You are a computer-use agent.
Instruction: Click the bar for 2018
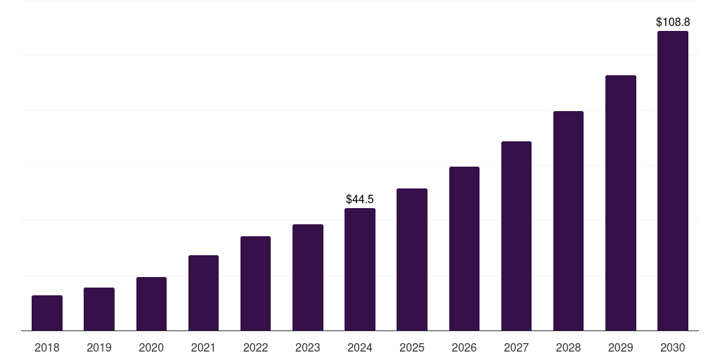47,313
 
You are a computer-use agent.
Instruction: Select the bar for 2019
99,309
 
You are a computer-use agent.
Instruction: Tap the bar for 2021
203,292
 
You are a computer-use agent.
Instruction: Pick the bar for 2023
308,277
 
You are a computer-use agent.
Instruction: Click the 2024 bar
360,269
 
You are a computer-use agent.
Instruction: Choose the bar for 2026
464,248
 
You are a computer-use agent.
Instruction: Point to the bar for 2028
568,221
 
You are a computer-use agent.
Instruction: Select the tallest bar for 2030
672,181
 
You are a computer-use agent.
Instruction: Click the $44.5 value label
360,200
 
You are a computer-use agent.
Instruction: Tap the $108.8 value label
672,22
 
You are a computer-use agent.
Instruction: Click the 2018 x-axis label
47,347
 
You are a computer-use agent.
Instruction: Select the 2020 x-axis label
151,347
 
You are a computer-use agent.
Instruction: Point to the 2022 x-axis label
255,347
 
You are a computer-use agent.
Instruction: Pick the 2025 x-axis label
412,347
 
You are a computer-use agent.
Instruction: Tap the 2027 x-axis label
516,347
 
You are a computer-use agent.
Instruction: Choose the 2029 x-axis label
620,347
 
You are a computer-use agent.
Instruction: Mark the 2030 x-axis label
672,347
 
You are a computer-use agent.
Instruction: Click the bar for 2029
620,202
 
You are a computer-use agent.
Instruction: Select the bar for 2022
255,283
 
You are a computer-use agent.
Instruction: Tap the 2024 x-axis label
360,347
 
